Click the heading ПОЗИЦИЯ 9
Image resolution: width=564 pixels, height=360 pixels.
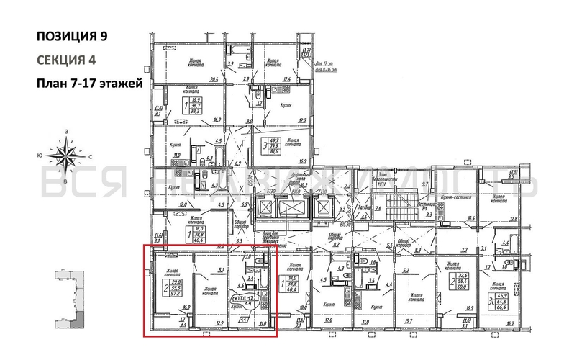pos(74,35)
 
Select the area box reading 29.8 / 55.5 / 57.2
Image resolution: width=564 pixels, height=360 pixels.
pos(176,287)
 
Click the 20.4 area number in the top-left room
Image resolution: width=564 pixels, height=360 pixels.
pos(213,80)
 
